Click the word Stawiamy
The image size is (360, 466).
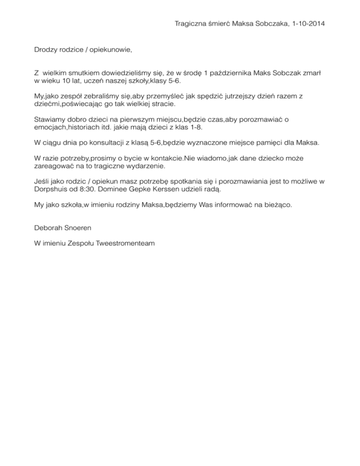(x=51, y=119)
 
